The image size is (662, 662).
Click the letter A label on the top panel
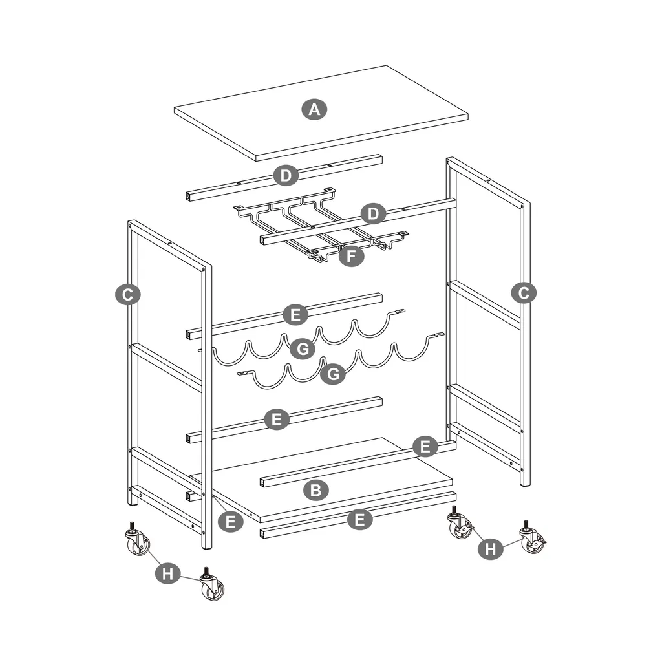pyautogui.click(x=314, y=109)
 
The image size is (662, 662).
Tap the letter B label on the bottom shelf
pyautogui.click(x=315, y=490)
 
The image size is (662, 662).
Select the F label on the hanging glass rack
pyautogui.click(x=351, y=256)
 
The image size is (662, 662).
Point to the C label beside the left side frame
pyautogui.click(x=128, y=295)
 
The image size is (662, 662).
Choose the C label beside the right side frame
pyautogui.click(x=523, y=293)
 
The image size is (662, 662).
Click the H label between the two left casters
pyautogui.click(x=168, y=573)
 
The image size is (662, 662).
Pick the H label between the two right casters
pyautogui.click(x=491, y=549)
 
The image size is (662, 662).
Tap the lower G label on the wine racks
pyautogui.click(x=334, y=374)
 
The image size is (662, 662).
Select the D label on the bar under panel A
pyautogui.click(x=285, y=175)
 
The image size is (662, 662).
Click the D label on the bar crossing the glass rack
pyautogui.click(x=372, y=213)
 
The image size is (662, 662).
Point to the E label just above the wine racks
pyautogui.click(x=295, y=315)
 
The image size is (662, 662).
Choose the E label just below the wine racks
pyautogui.click(x=277, y=420)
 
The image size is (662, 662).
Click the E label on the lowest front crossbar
pyautogui.click(x=360, y=519)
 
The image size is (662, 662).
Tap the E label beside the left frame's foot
pyautogui.click(x=231, y=520)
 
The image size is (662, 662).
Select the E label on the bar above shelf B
pyautogui.click(x=425, y=446)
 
